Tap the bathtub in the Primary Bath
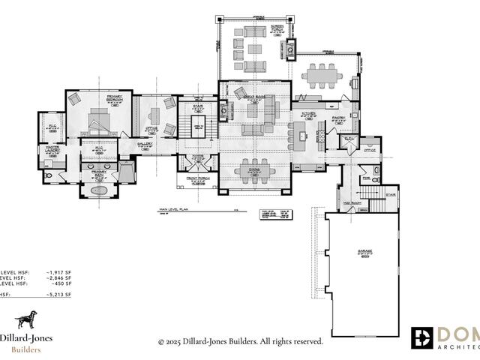[x=100, y=192]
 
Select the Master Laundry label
[x=52, y=149]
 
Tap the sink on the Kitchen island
[x=300, y=136]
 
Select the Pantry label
[x=337, y=117]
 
